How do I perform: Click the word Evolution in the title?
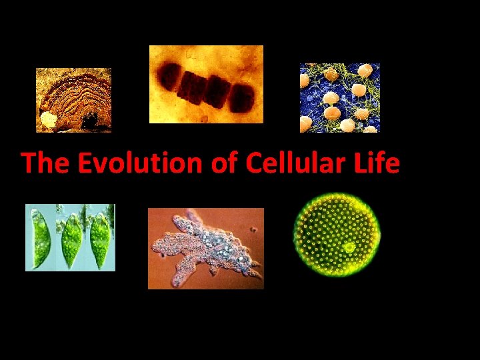tap(140, 162)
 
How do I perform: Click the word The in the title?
tap(45, 162)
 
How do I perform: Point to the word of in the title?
tap(225, 162)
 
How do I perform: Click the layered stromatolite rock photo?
tap(73, 100)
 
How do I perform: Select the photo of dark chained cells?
tap(206, 84)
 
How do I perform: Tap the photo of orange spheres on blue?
tap(340, 98)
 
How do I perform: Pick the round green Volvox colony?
tap(337, 235)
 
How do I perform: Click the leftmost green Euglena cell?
tap(41, 239)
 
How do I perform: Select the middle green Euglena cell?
tap(71, 240)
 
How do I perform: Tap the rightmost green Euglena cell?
tap(100, 241)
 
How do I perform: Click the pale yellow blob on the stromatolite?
tap(48, 119)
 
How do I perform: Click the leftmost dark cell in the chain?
tap(169, 77)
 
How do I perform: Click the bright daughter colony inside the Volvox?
tap(349, 247)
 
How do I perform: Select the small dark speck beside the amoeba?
tap(253, 229)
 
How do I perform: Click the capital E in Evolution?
tap(85, 162)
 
